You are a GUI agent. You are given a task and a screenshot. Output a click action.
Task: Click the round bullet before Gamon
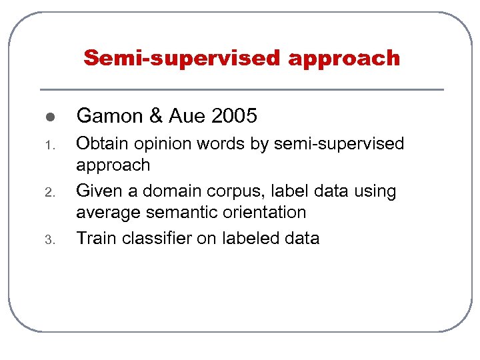(49, 117)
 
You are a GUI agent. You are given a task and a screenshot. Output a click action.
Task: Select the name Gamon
(110, 117)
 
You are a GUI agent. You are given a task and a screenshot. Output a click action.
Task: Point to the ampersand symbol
(156, 117)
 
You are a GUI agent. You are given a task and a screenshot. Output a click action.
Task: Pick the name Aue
(187, 117)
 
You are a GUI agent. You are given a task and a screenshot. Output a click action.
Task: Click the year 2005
(234, 117)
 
